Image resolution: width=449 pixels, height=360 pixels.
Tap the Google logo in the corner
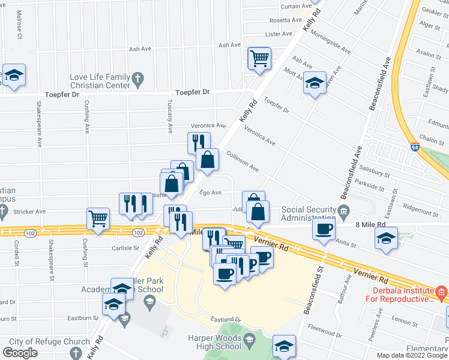point(20,353)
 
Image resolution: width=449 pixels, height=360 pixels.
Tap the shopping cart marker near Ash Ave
point(259,59)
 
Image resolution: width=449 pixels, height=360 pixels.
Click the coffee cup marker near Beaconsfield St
point(324,229)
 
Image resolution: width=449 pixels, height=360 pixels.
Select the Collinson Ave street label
point(242,161)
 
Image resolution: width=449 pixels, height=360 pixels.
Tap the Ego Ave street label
point(211,193)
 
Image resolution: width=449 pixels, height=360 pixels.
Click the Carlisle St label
point(125,247)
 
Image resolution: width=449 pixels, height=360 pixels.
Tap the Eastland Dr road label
point(225,319)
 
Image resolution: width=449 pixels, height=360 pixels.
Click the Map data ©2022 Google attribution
point(411,355)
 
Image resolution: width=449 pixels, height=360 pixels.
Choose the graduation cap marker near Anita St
point(387,238)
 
